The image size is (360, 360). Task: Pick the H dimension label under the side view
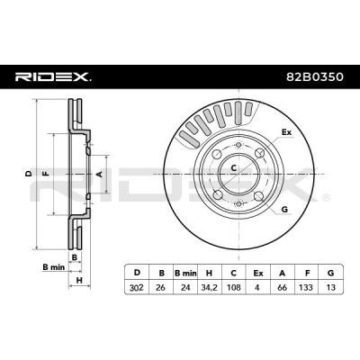[x=79, y=278]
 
